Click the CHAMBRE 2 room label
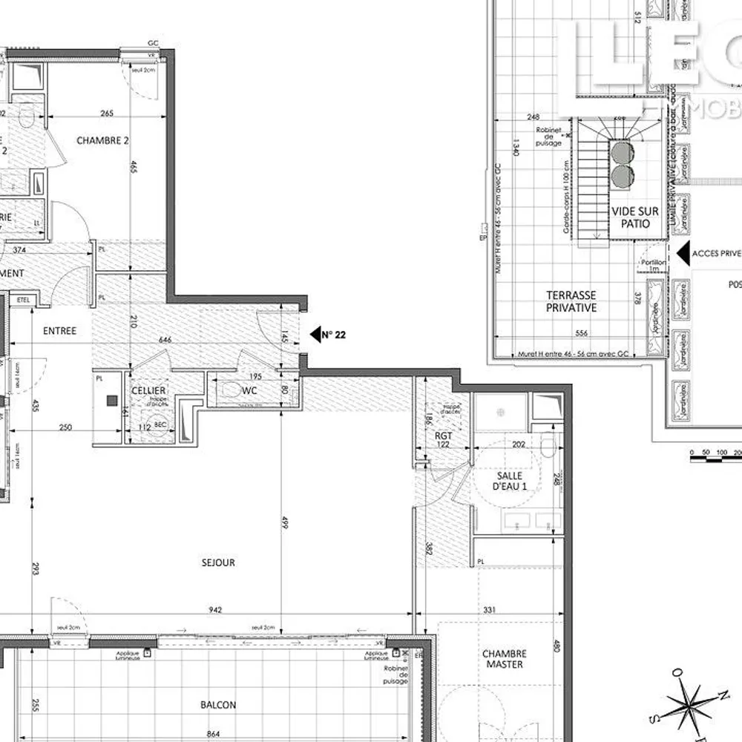tap(103, 140)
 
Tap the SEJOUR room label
tap(218, 562)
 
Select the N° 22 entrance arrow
tap(315, 335)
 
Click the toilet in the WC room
tap(232, 390)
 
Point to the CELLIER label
tap(149, 391)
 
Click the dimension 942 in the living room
tap(215, 610)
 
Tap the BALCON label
tap(218, 705)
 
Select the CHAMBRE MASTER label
tap(505, 659)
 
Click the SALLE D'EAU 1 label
tap(510, 481)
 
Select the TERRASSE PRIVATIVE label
tap(571, 301)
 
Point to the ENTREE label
tap(59, 331)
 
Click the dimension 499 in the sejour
tap(284, 522)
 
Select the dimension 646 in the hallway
tap(165, 340)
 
